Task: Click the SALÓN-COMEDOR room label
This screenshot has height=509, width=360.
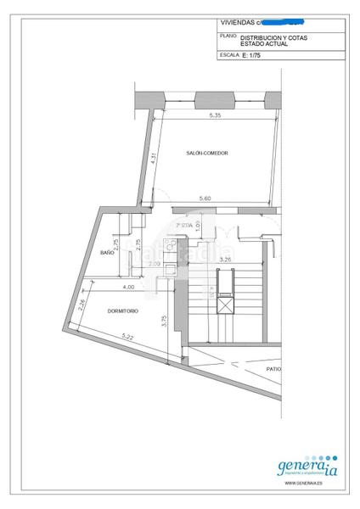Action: click(208, 153)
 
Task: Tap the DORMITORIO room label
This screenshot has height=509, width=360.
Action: click(123, 310)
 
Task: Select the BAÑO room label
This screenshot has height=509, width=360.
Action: click(107, 253)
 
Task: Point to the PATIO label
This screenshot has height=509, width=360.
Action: click(273, 370)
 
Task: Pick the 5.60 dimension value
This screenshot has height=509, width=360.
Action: click(205, 199)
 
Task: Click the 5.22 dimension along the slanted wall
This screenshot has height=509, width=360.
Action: click(128, 338)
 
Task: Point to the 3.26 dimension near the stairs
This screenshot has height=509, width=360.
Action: click(226, 259)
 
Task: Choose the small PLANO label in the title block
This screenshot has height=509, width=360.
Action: click(228, 36)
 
